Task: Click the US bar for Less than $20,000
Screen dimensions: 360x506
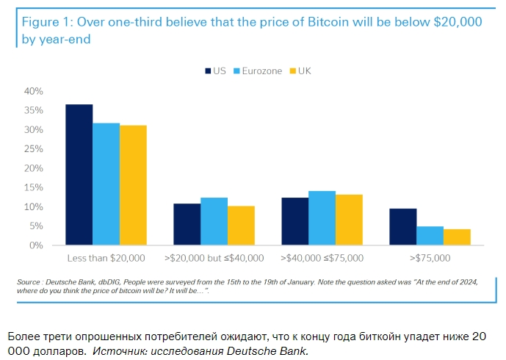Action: [79, 175]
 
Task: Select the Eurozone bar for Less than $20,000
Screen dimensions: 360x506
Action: [106, 184]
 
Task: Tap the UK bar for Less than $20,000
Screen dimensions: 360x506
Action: [133, 185]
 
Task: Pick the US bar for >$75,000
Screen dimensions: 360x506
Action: [403, 227]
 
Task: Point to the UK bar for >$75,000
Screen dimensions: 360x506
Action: [457, 237]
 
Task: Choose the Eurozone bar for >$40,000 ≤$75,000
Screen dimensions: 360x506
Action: [322, 218]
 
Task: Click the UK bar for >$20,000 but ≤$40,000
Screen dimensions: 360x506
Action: [241, 226]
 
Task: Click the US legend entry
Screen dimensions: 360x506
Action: [214, 71]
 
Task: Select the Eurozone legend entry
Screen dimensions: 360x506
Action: [257, 71]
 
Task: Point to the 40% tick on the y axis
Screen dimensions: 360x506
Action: [34, 91]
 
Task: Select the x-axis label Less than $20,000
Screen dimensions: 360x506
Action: [106, 259]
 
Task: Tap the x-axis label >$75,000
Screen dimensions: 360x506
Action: [430, 259]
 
